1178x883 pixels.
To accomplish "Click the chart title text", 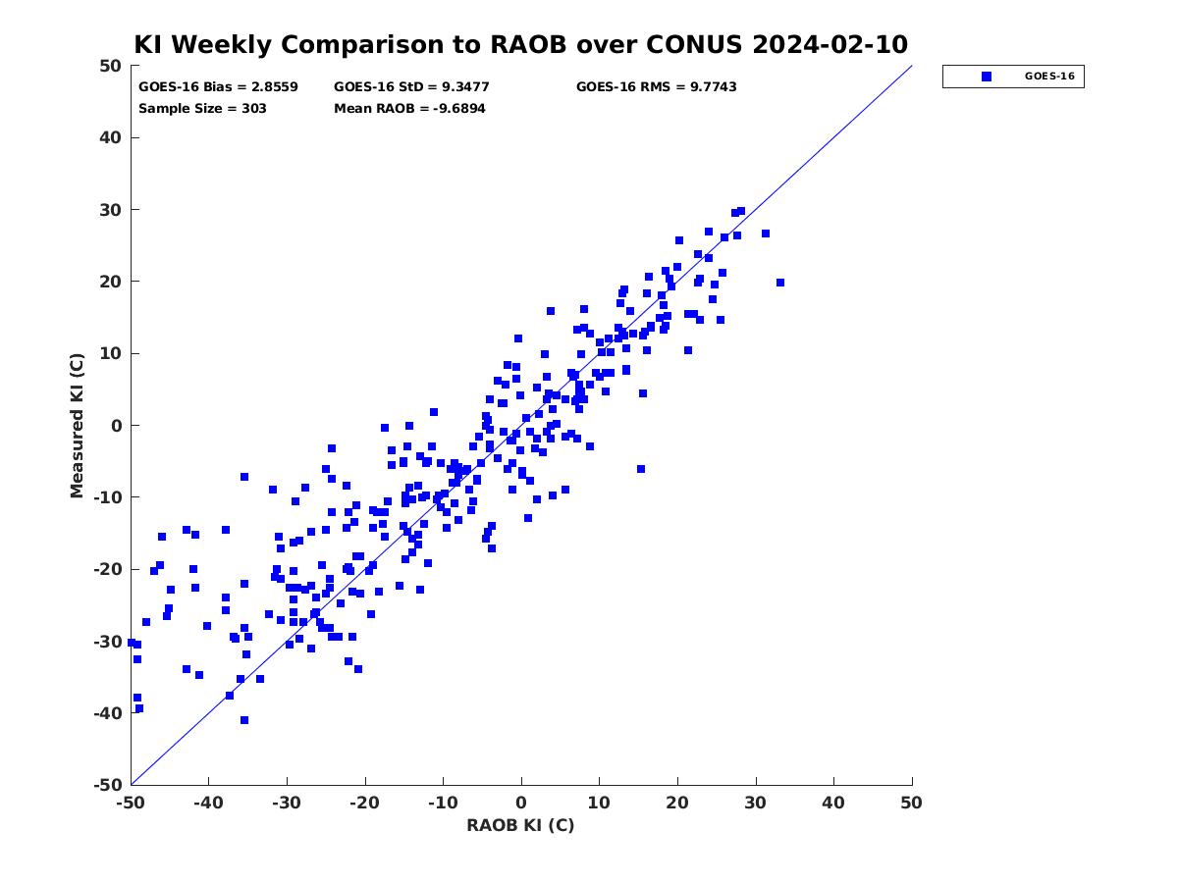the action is [520, 44].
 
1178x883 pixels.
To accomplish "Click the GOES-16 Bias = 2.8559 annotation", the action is [218, 87].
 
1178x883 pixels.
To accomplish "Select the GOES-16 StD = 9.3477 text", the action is [411, 87].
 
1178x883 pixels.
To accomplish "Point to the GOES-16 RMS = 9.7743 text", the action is [656, 87].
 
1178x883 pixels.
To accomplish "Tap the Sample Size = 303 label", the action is [202, 109].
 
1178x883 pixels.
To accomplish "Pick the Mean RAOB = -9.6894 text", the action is [409, 109].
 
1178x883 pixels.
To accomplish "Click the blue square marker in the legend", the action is [987, 77].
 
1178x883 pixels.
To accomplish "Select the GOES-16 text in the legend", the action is [1049, 77].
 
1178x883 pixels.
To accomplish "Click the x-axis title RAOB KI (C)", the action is [520, 825].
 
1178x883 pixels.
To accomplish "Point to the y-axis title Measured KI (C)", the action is [77, 426].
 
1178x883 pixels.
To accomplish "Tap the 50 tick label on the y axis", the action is [111, 66].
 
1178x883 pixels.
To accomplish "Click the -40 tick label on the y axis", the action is [108, 713].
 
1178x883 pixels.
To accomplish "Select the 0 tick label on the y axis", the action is [117, 426].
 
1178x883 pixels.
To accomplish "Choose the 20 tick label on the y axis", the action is [111, 282].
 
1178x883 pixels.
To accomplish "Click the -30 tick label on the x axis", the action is [287, 803].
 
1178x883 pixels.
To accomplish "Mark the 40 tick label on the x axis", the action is [833, 803].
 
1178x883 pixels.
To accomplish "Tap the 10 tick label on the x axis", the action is [599, 803].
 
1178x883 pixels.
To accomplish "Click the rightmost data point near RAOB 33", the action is [780, 283].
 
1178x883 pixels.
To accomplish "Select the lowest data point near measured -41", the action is [244, 720].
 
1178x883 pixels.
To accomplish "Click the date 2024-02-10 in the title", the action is [830, 44].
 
